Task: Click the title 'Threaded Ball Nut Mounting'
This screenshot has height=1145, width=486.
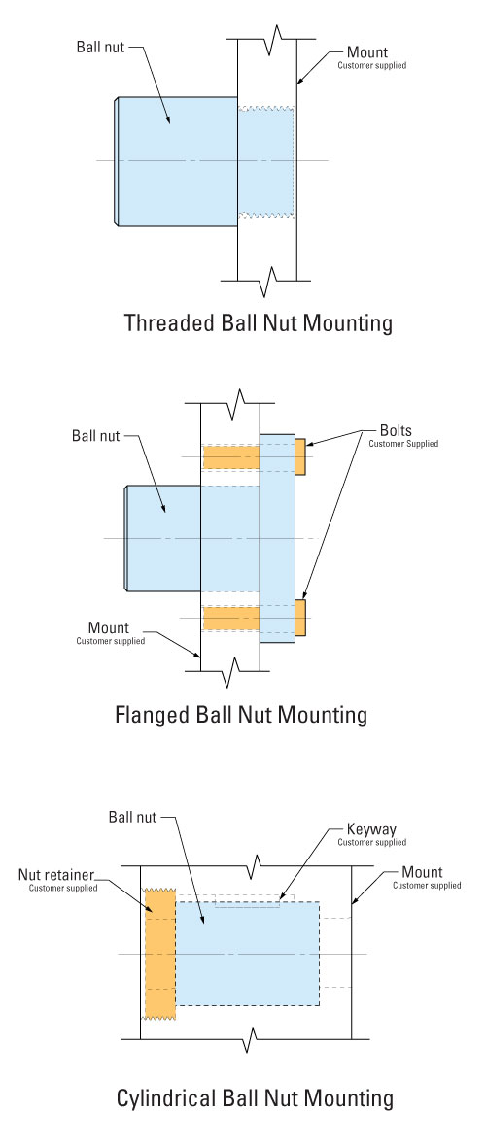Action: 258,322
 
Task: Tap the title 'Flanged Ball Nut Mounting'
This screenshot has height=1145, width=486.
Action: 241,714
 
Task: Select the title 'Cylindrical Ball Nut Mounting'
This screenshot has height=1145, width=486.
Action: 255,1097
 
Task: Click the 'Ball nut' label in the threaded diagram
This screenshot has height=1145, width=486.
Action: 101,48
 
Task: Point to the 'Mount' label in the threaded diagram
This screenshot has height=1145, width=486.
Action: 366,52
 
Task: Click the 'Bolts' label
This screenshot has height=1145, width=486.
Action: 396,430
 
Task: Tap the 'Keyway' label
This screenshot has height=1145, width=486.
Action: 371,829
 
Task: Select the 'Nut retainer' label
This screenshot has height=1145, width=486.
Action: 57,875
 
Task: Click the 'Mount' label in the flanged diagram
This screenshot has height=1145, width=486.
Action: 108,628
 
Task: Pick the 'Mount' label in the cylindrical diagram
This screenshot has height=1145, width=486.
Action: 423,873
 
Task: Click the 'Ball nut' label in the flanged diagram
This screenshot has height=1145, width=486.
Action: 95,437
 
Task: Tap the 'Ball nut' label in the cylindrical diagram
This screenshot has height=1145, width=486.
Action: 132,817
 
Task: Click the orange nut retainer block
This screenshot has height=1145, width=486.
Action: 160,953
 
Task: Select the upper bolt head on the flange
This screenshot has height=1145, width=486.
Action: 300,456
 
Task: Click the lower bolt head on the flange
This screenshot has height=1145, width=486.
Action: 300,618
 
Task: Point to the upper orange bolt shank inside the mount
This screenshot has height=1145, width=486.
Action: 231,457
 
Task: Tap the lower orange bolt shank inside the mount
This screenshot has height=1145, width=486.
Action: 231,618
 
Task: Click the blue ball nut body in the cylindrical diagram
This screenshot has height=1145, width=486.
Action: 247,953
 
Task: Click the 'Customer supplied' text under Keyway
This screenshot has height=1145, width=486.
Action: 372,843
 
